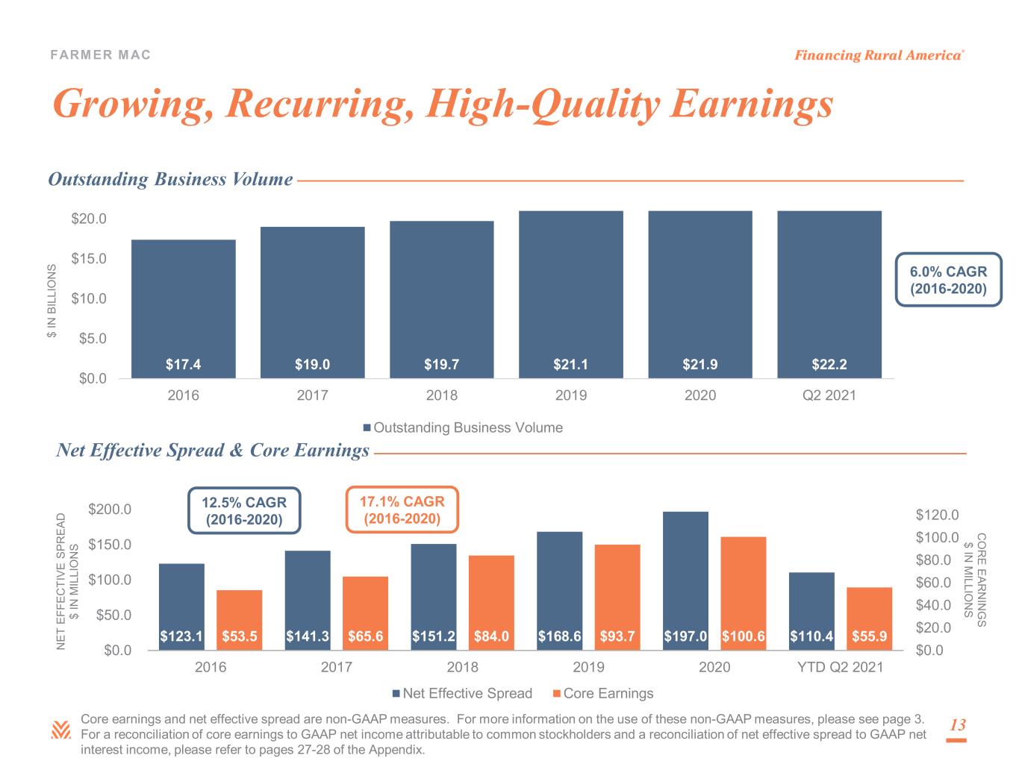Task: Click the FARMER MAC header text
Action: (x=100, y=54)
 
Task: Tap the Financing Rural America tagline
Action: (x=879, y=55)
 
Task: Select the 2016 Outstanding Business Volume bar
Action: (x=184, y=309)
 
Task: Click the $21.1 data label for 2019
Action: (x=570, y=364)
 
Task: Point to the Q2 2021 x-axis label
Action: (x=829, y=395)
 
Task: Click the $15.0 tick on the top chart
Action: (x=89, y=258)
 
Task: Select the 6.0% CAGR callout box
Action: (x=948, y=280)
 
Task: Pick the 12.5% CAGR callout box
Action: (x=244, y=510)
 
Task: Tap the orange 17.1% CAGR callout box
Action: (x=402, y=510)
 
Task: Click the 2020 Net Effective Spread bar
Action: (x=685, y=580)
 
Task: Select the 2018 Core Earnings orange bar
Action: (x=491, y=603)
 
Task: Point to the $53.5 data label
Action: (x=239, y=636)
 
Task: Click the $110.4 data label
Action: (x=811, y=636)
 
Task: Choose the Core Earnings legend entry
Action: (x=603, y=693)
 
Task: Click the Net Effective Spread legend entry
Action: (x=462, y=693)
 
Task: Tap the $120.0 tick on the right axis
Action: (x=937, y=515)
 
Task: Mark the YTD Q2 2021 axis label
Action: (x=840, y=667)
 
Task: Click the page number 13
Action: (x=957, y=724)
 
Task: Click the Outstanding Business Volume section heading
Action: (x=170, y=179)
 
